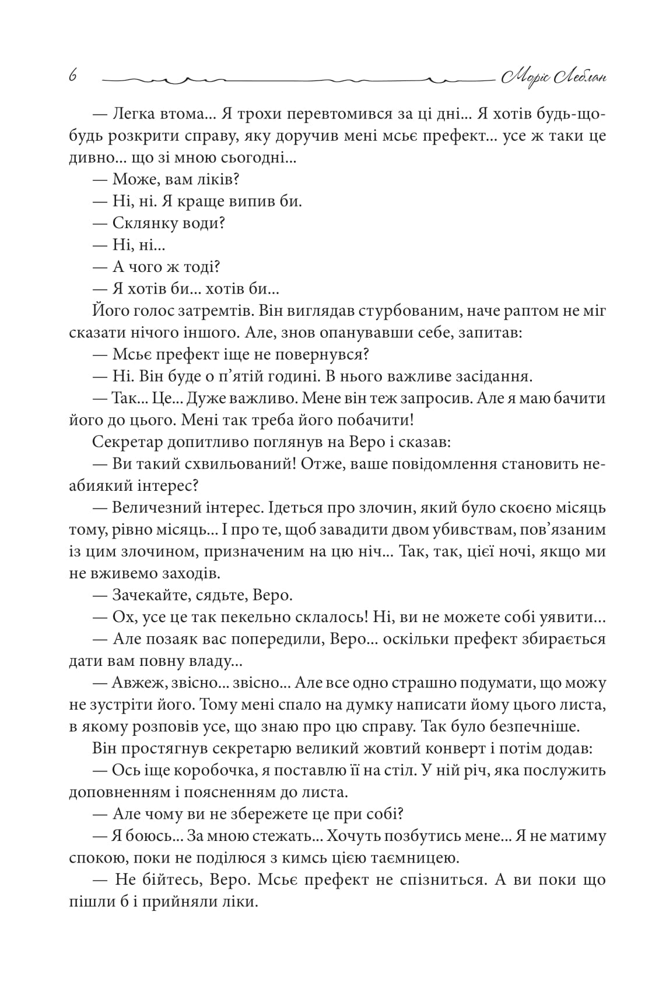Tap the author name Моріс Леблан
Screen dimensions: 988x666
553,76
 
